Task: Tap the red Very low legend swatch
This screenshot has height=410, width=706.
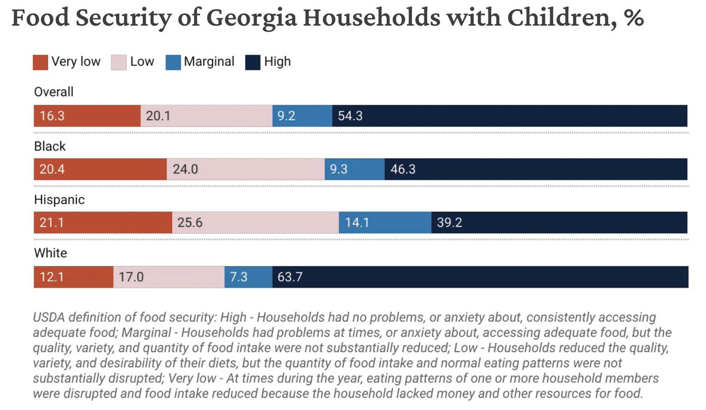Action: (x=41, y=62)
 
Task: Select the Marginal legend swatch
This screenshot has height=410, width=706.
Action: (x=174, y=62)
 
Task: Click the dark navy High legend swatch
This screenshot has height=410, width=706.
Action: (x=254, y=62)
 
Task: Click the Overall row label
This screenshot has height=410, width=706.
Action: (x=54, y=92)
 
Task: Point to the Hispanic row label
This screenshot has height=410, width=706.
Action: (x=59, y=199)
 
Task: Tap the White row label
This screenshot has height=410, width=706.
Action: (x=51, y=253)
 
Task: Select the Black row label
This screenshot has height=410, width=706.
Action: (x=50, y=146)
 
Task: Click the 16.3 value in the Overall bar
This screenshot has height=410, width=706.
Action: (x=52, y=116)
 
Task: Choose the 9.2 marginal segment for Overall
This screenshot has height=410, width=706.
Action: (x=302, y=116)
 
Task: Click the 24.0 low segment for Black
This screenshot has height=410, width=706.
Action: (x=245, y=169)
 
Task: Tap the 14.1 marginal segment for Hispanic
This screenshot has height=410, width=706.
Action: (x=384, y=223)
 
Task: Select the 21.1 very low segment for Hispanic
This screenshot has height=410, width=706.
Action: (x=102, y=223)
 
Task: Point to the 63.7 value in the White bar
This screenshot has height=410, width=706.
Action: (x=289, y=276)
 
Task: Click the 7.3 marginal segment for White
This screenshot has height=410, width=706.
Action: (x=248, y=276)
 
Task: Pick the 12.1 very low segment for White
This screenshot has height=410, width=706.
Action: (x=73, y=276)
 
